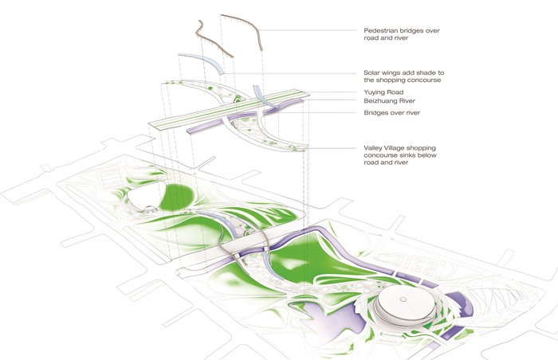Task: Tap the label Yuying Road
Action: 383,92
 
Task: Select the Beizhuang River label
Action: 389,100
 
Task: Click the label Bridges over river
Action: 392,113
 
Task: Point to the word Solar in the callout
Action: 371,72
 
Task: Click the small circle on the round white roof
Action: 403,299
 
